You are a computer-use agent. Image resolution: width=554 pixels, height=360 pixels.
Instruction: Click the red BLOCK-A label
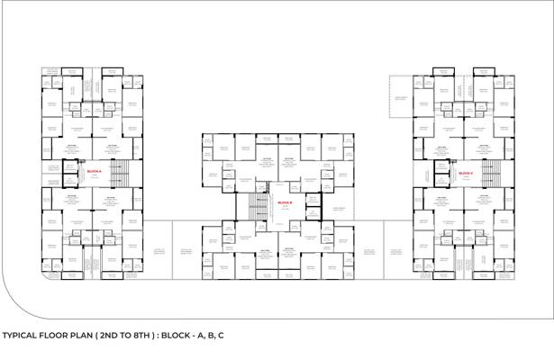tap(94, 171)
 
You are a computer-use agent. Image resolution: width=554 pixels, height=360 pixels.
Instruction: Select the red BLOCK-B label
tap(286, 203)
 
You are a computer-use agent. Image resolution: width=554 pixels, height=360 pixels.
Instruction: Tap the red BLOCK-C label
tap(466, 173)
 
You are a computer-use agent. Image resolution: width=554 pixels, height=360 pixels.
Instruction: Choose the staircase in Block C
tap(491, 172)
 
